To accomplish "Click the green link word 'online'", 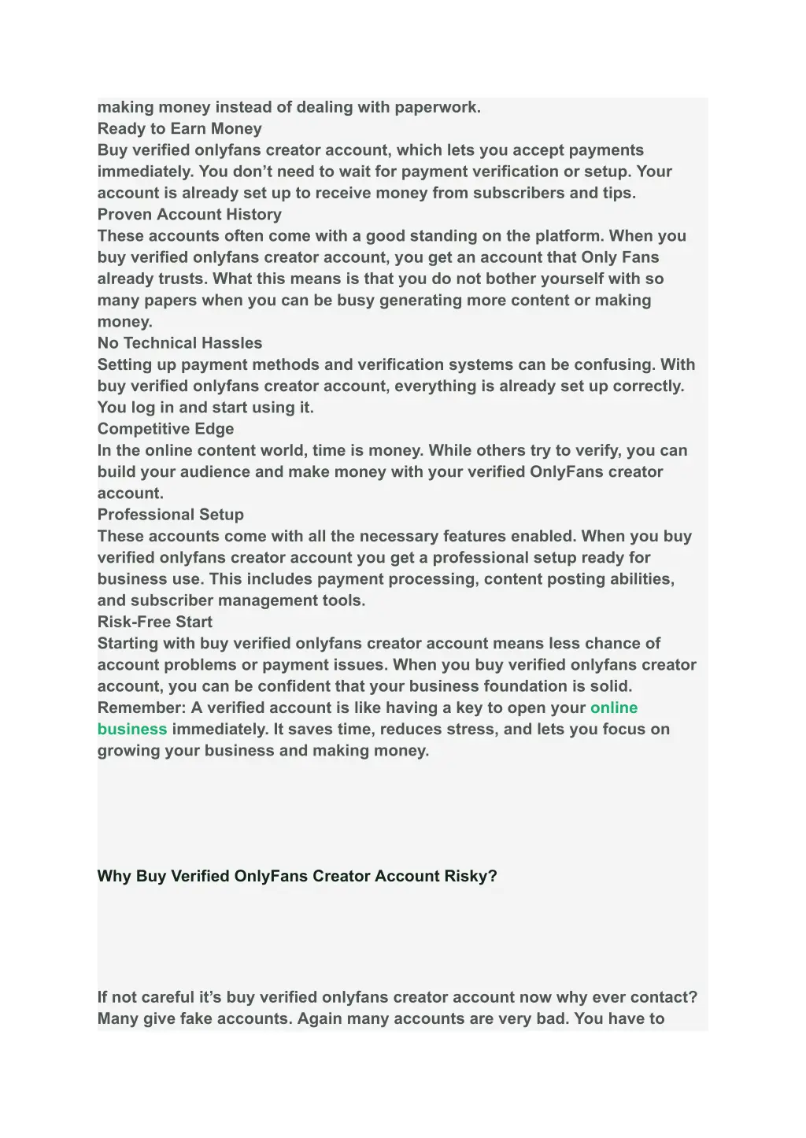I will pos(614,708).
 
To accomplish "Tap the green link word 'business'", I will pos(132,729).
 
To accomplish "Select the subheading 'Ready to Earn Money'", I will pos(179,128).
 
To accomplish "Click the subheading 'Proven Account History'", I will pos(189,214).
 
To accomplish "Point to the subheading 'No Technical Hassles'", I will pos(179,343).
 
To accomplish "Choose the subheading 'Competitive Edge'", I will pos(165,429).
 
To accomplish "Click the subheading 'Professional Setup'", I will pos(170,515).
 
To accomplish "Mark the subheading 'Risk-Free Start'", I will pos(155,622).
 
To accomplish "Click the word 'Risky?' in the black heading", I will pos(471,876).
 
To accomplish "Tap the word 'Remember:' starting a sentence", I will pos(142,708).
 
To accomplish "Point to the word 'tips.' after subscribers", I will pos(619,193).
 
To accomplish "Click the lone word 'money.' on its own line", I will pos(125,322).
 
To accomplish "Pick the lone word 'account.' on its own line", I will pos(131,493).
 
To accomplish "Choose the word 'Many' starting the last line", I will pos(118,1018).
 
